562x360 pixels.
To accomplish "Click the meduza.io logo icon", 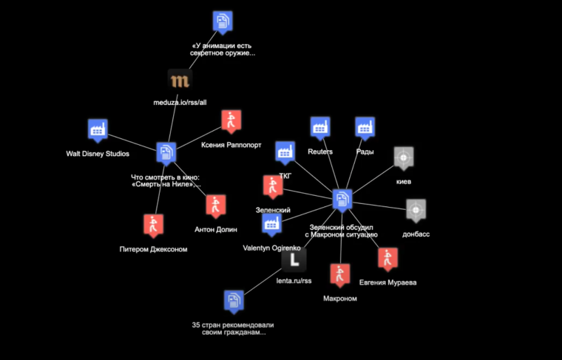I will click(x=179, y=81).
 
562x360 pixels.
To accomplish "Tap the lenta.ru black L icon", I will click(x=294, y=259).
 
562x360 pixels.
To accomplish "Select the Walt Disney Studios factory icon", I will click(x=97, y=130).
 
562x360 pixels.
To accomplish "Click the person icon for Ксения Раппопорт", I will click(x=231, y=120).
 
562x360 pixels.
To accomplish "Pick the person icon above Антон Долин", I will click(x=215, y=206).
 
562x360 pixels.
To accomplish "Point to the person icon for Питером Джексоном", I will click(x=153, y=225).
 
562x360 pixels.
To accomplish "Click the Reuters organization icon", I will click(x=319, y=128).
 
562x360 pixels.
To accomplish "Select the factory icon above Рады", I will click(x=364, y=128).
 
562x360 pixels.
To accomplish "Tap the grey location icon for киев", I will click(x=403, y=157).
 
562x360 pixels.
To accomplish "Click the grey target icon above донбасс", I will click(x=416, y=209).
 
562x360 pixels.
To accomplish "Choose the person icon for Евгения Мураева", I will click(x=387, y=259).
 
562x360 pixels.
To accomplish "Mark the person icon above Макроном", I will click(x=339, y=275).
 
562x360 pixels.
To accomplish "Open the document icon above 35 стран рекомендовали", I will click(x=234, y=301).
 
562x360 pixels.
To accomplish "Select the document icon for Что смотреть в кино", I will click(x=166, y=153).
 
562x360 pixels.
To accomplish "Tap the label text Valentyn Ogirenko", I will click(x=271, y=248).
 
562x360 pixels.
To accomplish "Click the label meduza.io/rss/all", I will click(x=179, y=103).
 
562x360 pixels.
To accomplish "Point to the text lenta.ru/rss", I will click(x=294, y=281).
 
